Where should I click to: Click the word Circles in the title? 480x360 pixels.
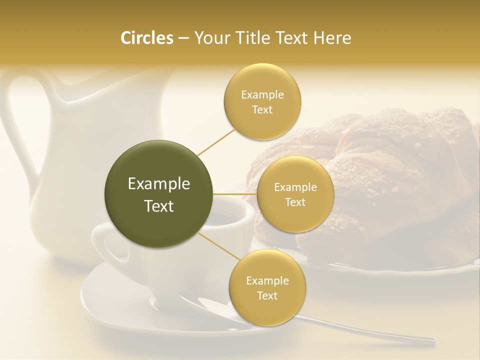coord(146,38)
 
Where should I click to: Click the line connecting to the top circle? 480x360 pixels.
coord(216,141)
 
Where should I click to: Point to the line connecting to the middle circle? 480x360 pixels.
coord(235,194)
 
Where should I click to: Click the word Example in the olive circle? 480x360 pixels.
coord(159,184)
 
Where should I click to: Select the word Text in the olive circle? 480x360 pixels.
coord(159,206)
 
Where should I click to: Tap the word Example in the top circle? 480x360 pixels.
coord(262,95)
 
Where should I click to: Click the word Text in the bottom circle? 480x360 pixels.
coord(267,295)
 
